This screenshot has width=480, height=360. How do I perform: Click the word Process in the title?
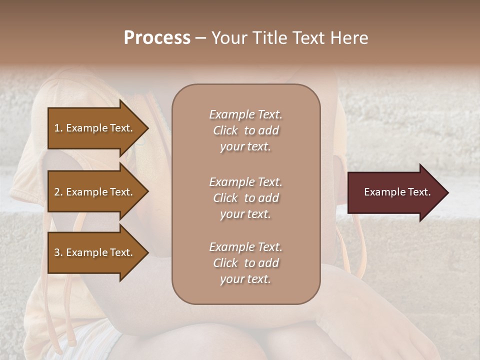click(157, 38)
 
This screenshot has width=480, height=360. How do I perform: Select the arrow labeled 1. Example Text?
click(95, 128)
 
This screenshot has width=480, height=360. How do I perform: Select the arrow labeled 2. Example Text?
click(95, 192)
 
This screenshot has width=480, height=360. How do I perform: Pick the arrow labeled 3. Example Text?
click(95, 252)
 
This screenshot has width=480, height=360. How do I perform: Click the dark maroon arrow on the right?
click(395, 192)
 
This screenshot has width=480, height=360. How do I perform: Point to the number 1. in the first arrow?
click(58, 128)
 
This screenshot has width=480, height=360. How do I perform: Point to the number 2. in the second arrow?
click(58, 192)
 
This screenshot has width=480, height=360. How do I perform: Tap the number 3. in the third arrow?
click(58, 252)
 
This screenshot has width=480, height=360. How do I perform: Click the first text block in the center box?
click(245, 130)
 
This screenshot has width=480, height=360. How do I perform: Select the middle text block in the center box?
click(245, 197)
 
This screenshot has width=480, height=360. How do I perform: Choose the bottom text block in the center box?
click(245, 263)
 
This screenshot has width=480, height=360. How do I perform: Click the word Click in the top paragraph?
click(225, 130)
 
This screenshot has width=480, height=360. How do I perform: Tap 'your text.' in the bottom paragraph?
click(245, 279)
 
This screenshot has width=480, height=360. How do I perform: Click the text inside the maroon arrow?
click(397, 192)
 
